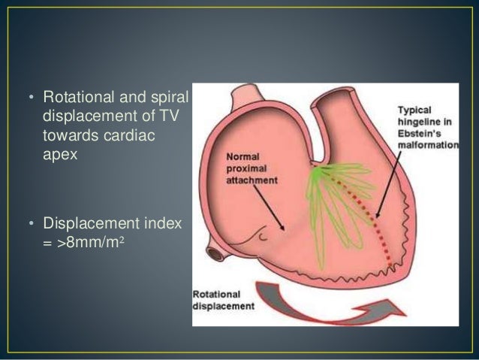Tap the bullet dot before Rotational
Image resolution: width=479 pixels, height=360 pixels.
point(33,98)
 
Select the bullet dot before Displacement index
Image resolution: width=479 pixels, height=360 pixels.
point(33,223)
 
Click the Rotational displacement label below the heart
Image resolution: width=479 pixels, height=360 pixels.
point(224,301)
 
